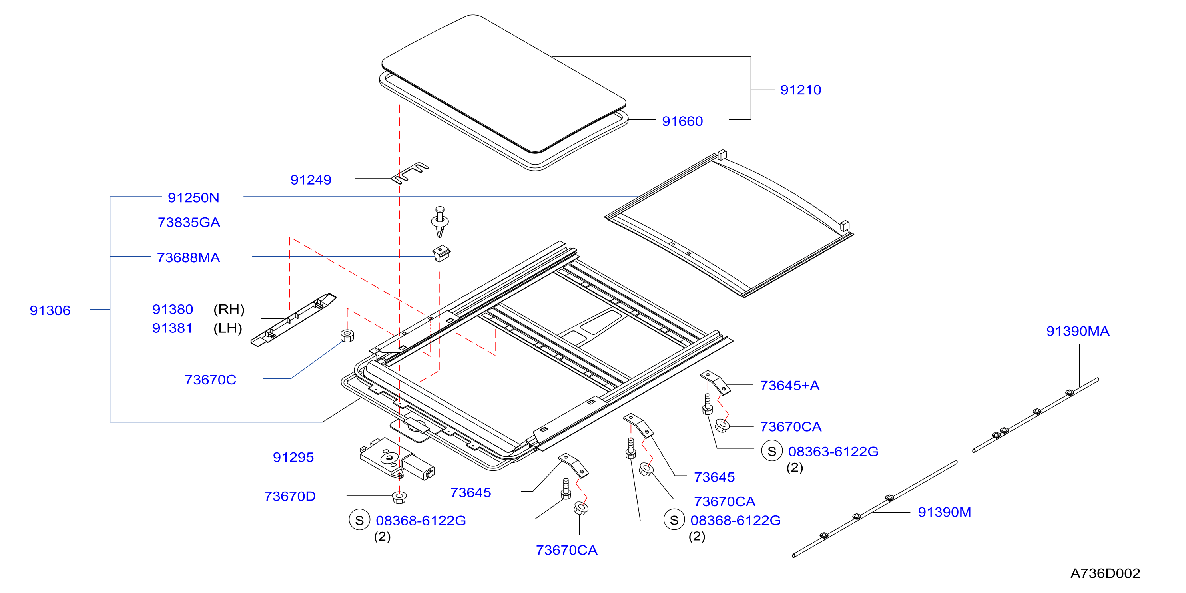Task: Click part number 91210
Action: [800, 90]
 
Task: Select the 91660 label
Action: [682, 121]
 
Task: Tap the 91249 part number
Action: [311, 179]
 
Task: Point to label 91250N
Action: [193, 197]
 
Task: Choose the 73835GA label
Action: [189, 222]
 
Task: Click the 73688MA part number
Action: [188, 257]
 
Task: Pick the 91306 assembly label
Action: [50, 310]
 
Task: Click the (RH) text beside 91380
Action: [229, 309]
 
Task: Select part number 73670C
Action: [210, 380]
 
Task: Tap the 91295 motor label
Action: [293, 457]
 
